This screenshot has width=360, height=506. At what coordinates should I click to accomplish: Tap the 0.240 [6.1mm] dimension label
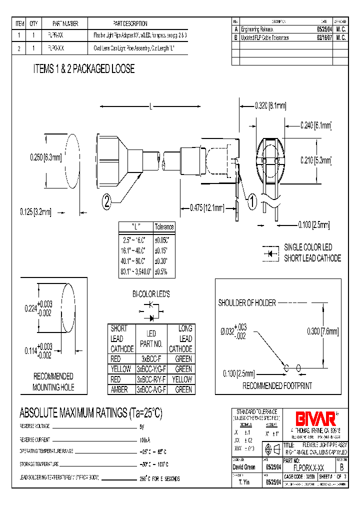pos(315,126)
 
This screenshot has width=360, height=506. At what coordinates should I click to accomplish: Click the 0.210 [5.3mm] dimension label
pos(315,160)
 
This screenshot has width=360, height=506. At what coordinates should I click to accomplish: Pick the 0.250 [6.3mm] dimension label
pos(45,157)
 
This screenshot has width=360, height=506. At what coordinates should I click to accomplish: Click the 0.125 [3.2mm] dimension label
pos(35,211)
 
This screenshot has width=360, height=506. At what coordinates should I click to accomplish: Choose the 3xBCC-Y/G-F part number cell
pos(151,369)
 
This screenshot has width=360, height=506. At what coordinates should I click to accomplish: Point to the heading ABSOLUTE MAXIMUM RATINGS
pos(90,413)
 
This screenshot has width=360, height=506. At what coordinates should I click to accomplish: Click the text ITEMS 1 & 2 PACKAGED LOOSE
pos(83,69)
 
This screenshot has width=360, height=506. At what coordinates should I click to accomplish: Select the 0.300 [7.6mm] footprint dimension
pos(322,331)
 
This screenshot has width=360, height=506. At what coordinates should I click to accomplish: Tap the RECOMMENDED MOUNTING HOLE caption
pos(53,381)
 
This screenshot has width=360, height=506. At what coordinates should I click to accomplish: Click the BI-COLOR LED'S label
pos(151,294)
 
